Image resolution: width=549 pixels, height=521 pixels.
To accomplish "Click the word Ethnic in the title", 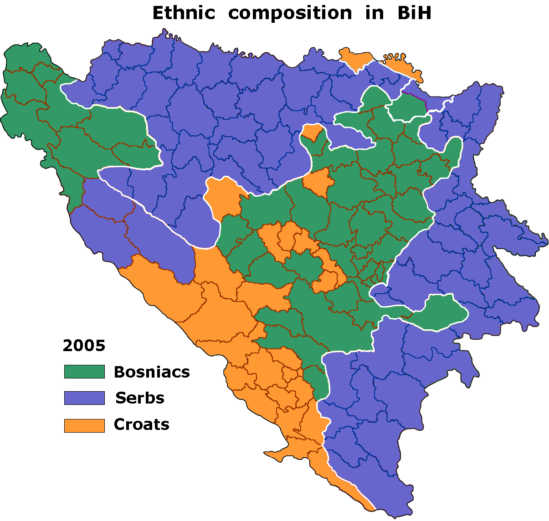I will [183, 13].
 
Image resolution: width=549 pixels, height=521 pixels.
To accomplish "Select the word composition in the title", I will [290, 13].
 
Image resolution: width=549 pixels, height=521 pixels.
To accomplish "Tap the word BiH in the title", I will [414, 13].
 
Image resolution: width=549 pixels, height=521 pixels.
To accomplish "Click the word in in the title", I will [374, 13].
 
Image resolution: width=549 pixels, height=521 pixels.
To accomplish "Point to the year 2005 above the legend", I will [84, 346].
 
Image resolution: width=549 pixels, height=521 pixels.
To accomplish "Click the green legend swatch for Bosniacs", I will [84, 372].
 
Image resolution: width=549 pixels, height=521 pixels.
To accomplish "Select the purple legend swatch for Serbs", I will [84, 398].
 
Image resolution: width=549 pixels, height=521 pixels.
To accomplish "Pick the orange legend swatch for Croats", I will [84, 425].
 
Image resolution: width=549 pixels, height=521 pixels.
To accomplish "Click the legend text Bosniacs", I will [152, 372].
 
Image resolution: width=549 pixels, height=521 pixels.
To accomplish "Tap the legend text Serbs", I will [140, 398].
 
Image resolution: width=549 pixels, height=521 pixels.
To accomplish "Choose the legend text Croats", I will [142, 424].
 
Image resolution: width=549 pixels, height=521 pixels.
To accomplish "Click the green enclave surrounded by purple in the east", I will [444, 312].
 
